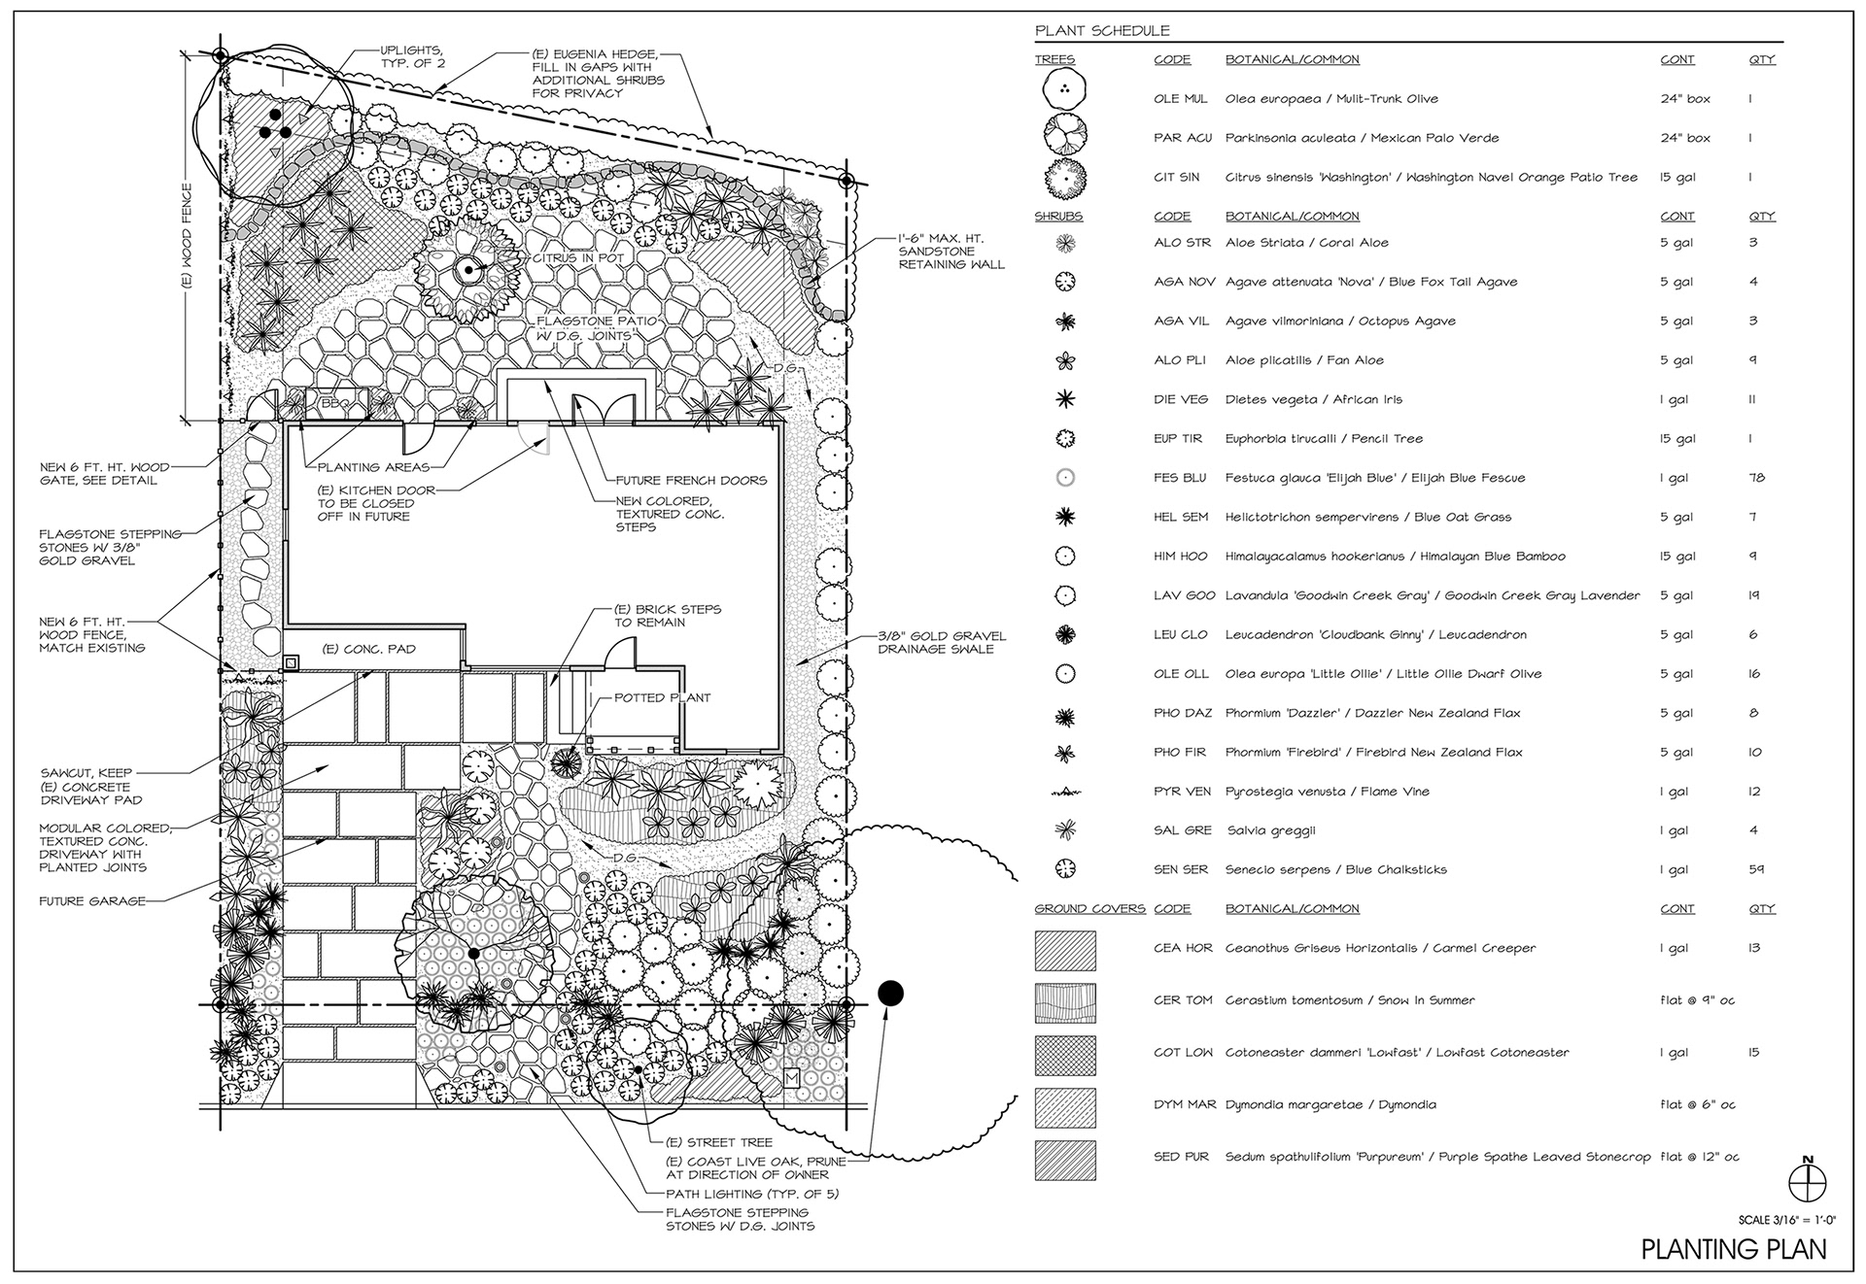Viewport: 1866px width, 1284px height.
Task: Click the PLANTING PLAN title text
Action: [1734, 1248]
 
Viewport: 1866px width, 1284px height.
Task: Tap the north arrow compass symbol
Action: [1808, 1182]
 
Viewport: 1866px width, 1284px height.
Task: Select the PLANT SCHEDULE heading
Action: [1102, 31]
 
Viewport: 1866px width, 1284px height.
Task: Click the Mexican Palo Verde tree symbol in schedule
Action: [1065, 134]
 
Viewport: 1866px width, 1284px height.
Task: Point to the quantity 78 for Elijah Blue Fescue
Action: [1756, 478]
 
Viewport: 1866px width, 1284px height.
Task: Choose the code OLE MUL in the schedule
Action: [1180, 99]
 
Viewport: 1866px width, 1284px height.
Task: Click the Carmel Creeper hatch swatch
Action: [1065, 951]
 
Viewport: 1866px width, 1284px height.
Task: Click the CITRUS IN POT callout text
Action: [577, 258]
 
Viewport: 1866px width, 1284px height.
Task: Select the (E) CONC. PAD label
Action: [368, 649]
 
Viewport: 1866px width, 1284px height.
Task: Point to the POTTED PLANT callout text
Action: [662, 697]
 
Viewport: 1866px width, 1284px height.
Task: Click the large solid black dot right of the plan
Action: [890, 993]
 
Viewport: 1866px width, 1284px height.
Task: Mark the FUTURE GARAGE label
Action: [92, 901]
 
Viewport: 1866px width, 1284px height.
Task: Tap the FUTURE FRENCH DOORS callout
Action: [691, 480]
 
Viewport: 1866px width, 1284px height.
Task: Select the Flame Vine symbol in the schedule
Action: [1065, 793]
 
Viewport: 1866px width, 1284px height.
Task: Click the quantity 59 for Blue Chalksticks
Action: [1756, 869]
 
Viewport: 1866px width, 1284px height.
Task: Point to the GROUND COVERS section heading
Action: [1089, 909]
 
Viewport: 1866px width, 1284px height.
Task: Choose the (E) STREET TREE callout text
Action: [718, 1142]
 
